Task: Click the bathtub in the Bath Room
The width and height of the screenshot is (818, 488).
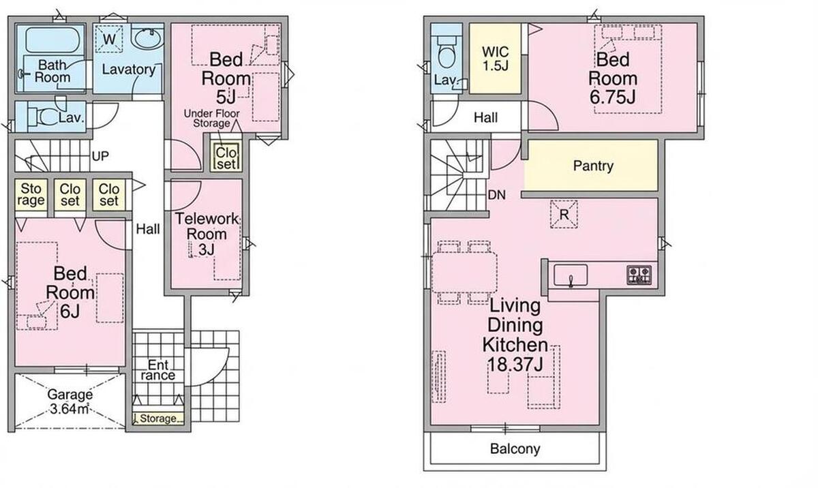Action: tap(52, 40)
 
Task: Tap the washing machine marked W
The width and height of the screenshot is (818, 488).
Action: tap(109, 39)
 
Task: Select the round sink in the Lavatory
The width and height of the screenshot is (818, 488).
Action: tap(147, 38)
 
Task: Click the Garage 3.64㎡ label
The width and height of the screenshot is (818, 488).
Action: tap(70, 401)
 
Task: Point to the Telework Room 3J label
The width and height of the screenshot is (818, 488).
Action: tap(207, 234)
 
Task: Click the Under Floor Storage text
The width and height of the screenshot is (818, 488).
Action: tap(212, 119)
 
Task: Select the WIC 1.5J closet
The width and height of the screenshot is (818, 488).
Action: tap(495, 59)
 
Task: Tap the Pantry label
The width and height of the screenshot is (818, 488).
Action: tap(593, 166)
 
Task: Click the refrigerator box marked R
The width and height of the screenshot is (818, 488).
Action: tap(564, 214)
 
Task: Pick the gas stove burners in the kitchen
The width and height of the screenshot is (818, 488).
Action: tap(639, 275)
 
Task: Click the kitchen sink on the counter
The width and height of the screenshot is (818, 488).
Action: tap(571, 275)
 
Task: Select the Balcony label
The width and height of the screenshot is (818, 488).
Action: tap(515, 449)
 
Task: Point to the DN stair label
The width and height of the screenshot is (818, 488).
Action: tap(497, 196)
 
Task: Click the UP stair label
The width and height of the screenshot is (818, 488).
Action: tap(100, 156)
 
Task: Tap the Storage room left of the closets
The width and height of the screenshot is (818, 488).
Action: tap(31, 195)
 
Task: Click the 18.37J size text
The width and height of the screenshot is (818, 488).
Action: tap(515, 364)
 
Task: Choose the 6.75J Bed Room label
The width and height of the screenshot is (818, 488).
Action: tap(612, 78)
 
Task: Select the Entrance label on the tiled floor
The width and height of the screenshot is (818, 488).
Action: tap(158, 370)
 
